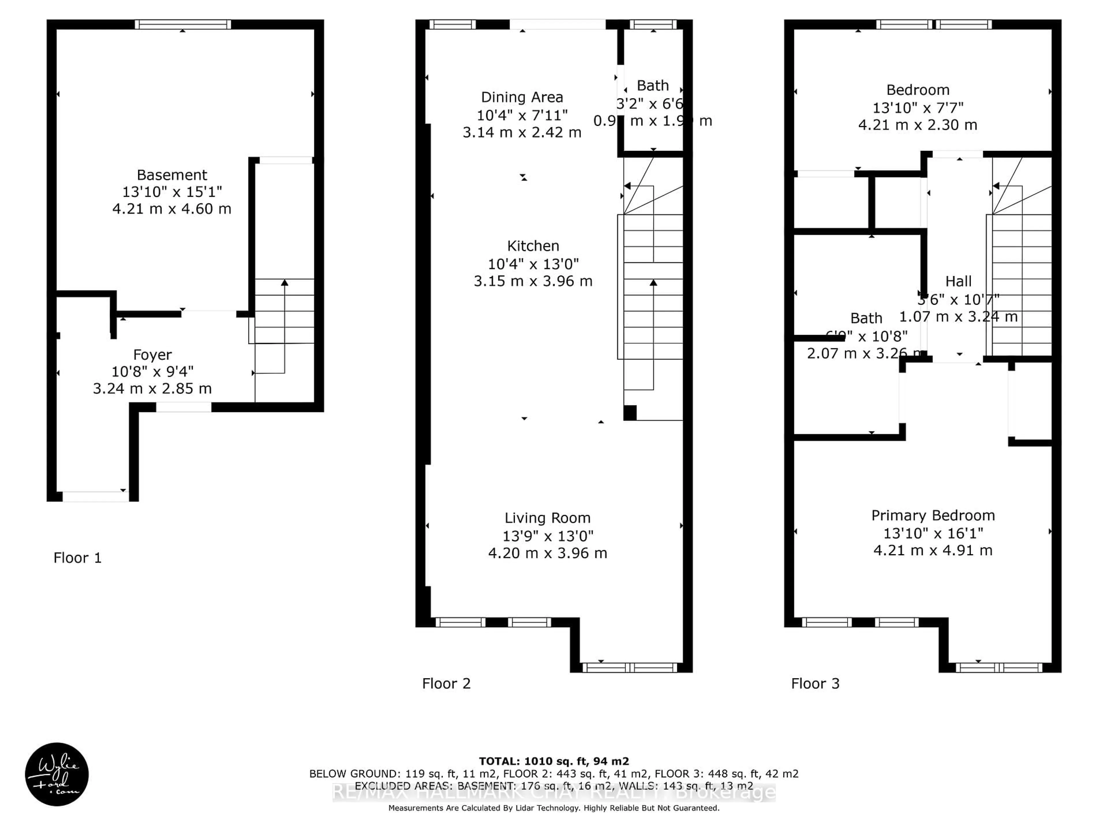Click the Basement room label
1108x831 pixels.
pos(172,175)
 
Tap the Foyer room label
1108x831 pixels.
pos(152,355)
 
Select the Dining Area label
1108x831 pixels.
pos(522,97)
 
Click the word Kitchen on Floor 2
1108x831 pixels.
pos(533,246)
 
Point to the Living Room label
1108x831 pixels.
pos(547,518)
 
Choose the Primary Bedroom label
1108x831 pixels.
pos(933,515)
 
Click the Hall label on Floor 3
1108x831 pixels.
pos(958,282)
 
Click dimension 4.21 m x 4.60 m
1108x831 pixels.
pos(172,209)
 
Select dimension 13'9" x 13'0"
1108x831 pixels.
pos(547,536)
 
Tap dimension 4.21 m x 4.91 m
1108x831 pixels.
pos(933,551)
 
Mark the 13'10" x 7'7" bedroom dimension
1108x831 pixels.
pos(918,108)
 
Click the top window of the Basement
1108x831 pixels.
pos(183,25)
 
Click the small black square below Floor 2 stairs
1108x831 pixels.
pos(630,413)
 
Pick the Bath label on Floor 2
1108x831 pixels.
pos(653,86)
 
